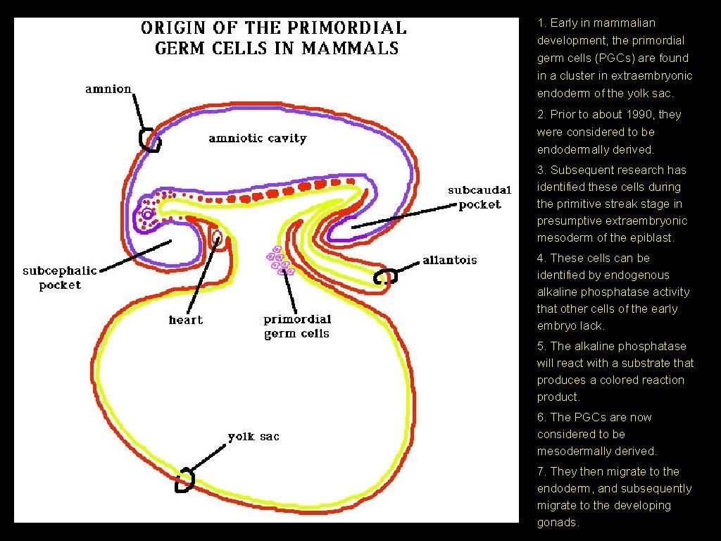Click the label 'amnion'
108,89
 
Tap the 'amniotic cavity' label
258,138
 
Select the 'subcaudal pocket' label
479,197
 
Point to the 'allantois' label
449,260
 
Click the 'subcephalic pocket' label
60,278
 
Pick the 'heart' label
185,320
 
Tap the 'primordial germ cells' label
296,326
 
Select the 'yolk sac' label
253,436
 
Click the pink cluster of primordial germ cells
278,261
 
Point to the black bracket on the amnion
149,139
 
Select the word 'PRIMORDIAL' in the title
351,28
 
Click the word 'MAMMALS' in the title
351,49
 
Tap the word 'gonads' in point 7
558,522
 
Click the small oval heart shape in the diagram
218,238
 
